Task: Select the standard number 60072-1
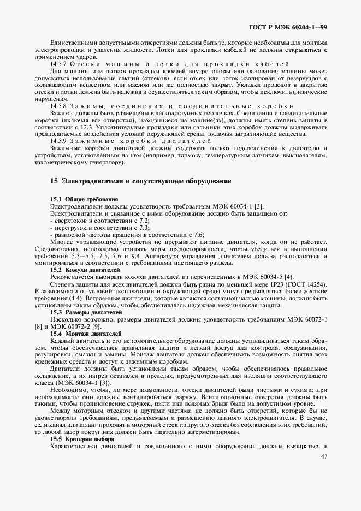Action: coord(315,319)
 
